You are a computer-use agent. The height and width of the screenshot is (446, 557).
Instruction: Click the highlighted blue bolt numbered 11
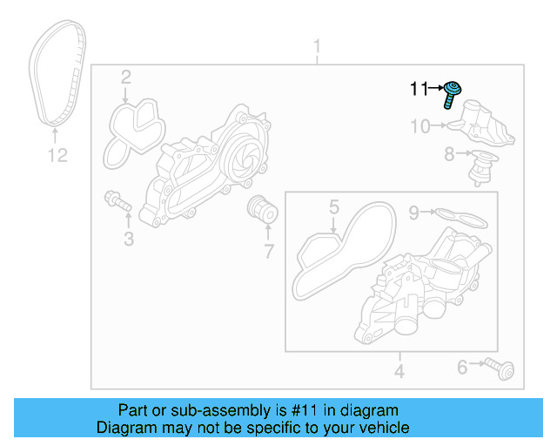[x=452, y=92]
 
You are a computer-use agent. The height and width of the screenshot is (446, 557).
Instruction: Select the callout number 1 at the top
[x=317, y=46]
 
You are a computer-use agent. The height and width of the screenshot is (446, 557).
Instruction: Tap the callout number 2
[x=125, y=78]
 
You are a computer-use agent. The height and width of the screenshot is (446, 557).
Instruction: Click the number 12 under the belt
[x=56, y=156]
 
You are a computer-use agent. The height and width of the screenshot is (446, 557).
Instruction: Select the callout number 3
[x=128, y=238]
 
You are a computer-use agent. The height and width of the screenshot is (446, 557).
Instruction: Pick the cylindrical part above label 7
[x=260, y=210]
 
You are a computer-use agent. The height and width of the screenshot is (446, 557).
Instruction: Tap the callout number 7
[x=267, y=253]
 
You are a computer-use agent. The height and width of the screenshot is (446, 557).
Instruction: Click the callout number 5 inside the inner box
[x=332, y=207]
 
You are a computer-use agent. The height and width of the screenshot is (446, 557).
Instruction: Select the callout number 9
[x=415, y=211]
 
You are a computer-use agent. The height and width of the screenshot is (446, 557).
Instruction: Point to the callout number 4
[x=399, y=373]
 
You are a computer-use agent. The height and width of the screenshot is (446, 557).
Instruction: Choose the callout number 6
[x=462, y=368]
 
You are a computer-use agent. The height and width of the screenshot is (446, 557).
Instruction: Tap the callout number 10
[x=419, y=127]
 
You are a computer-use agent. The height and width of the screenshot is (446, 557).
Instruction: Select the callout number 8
[x=448, y=155]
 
